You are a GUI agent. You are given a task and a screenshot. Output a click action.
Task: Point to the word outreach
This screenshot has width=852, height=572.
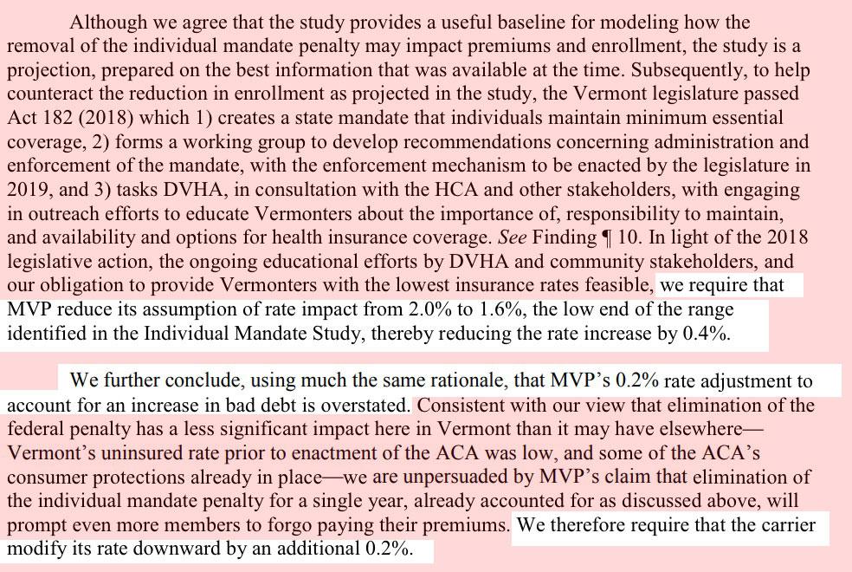click(x=65, y=211)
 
